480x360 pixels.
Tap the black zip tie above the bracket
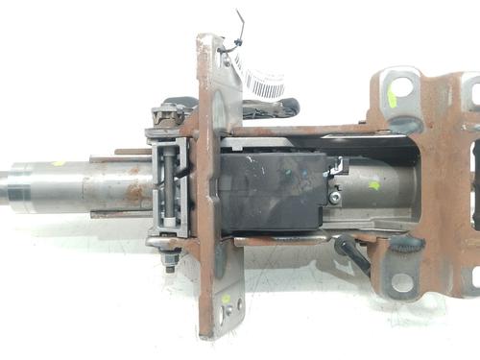tap(233, 36)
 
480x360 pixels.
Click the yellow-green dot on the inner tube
tap(373, 185)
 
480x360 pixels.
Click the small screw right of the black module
tap(334, 197)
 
